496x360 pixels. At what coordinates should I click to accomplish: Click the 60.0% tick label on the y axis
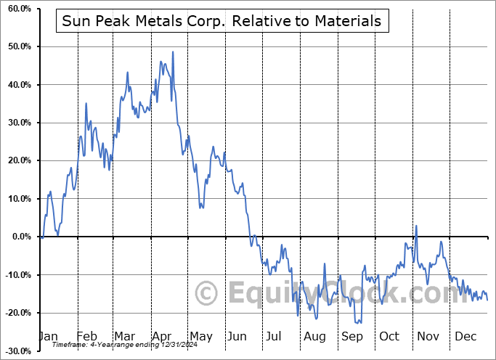(x=17, y=9)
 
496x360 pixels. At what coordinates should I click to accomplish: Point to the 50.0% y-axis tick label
(x=17, y=46)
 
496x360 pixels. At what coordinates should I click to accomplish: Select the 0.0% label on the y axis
(x=20, y=237)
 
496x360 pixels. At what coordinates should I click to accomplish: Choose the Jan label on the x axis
(x=47, y=337)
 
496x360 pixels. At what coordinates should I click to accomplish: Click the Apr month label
(x=162, y=337)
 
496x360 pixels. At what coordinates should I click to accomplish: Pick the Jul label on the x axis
(x=275, y=337)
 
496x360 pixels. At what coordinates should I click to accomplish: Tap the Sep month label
(x=352, y=337)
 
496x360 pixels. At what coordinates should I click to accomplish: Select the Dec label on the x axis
(x=466, y=337)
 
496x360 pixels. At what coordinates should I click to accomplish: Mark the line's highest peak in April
(x=173, y=52)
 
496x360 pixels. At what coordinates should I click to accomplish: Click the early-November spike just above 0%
(x=417, y=226)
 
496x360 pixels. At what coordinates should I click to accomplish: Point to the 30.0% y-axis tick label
(x=17, y=123)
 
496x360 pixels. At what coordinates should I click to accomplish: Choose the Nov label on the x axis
(x=428, y=337)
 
